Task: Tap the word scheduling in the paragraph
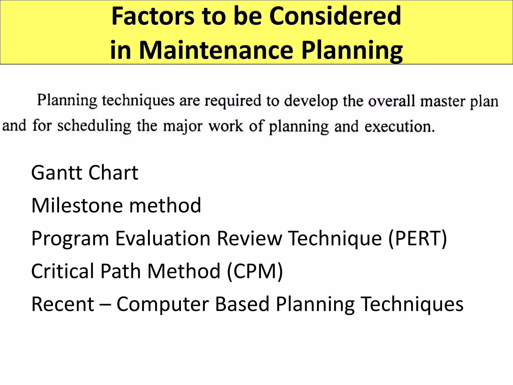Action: (x=94, y=126)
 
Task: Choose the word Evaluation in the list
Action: (x=163, y=238)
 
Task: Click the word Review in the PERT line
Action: (x=249, y=238)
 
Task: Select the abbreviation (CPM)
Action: (x=255, y=271)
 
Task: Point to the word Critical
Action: (x=63, y=271)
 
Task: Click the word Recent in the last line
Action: (x=63, y=304)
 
